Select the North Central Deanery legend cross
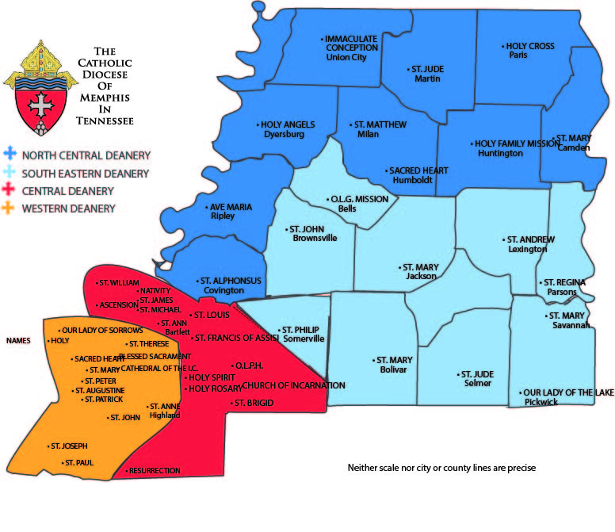[x=10, y=155]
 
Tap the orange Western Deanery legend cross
[x=10, y=209]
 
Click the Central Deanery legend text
[x=68, y=191]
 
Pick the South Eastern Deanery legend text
[x=86, y=174]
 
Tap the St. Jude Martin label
[x=426, y=74]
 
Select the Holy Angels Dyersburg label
[x=287, y=129]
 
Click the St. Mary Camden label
[x=574, y=143]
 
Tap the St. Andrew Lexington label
[x=529, y=244]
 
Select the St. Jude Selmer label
[x=474, y=378]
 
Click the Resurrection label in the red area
[x=154, y=471]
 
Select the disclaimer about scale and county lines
[x=442, y=468]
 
